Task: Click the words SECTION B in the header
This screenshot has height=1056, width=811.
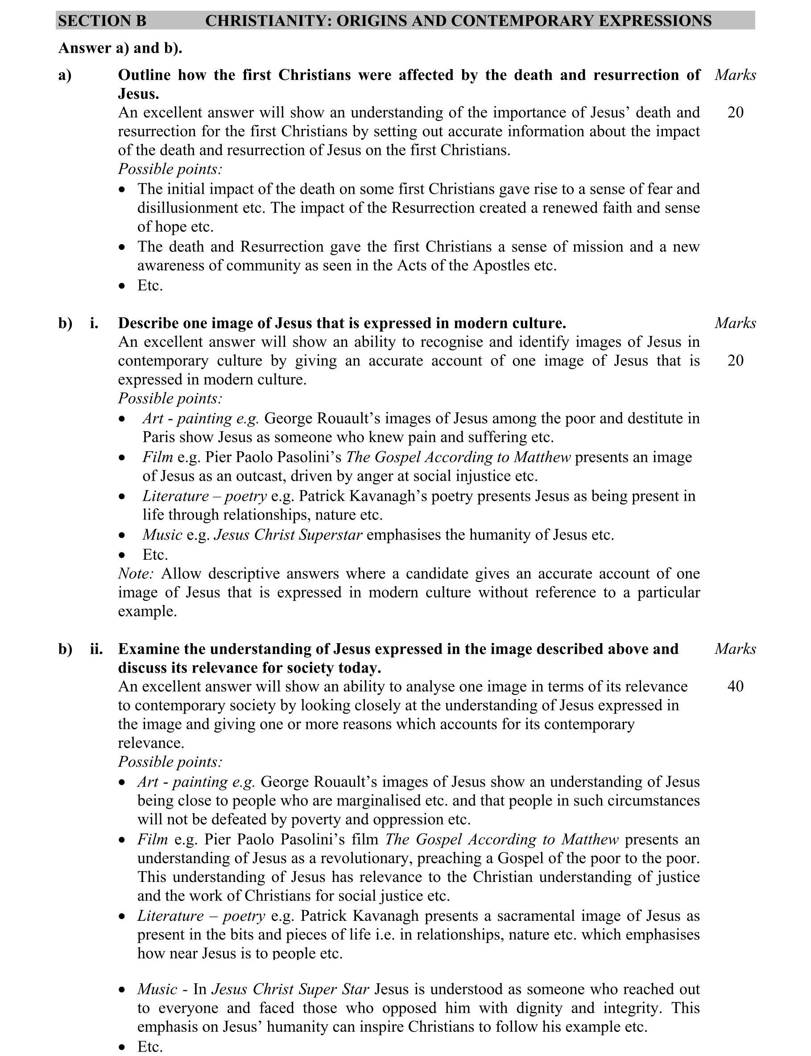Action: point(102,21)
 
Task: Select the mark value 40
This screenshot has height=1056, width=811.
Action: point(735,686)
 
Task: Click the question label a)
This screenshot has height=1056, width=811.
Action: point(65,75)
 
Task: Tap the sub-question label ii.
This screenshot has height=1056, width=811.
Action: point(96,649)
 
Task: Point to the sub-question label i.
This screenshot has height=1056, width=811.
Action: point(94,323)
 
